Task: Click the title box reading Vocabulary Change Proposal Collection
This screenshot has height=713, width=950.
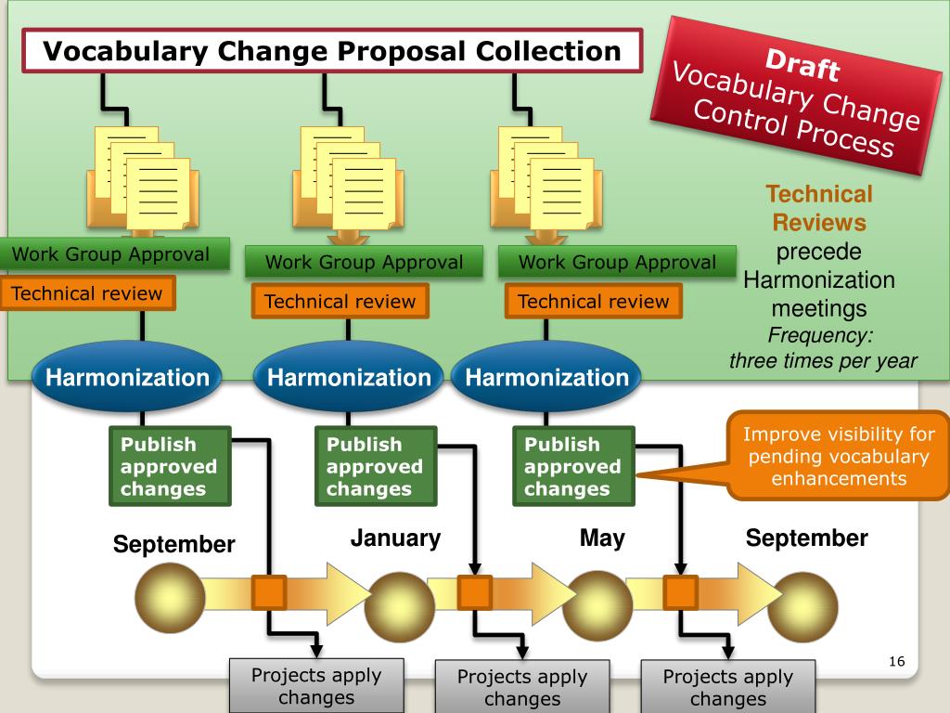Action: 333,50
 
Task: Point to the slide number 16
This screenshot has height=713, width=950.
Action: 895,661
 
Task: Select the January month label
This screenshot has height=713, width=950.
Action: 395,538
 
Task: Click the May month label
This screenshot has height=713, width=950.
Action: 602,538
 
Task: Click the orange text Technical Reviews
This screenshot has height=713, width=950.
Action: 819,208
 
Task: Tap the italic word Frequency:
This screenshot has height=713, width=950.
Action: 820,335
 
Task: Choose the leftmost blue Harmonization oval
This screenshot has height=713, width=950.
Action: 128,378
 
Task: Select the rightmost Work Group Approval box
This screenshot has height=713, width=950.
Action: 617,262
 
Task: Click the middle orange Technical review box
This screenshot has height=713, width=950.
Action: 340,302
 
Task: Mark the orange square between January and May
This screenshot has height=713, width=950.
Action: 475,592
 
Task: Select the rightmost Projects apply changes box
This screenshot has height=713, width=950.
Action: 728,687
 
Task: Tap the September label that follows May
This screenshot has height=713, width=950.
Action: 807,538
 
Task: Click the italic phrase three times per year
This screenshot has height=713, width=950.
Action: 823,361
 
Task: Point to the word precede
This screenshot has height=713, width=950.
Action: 819,252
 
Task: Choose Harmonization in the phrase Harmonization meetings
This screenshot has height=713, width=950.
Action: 819,279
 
